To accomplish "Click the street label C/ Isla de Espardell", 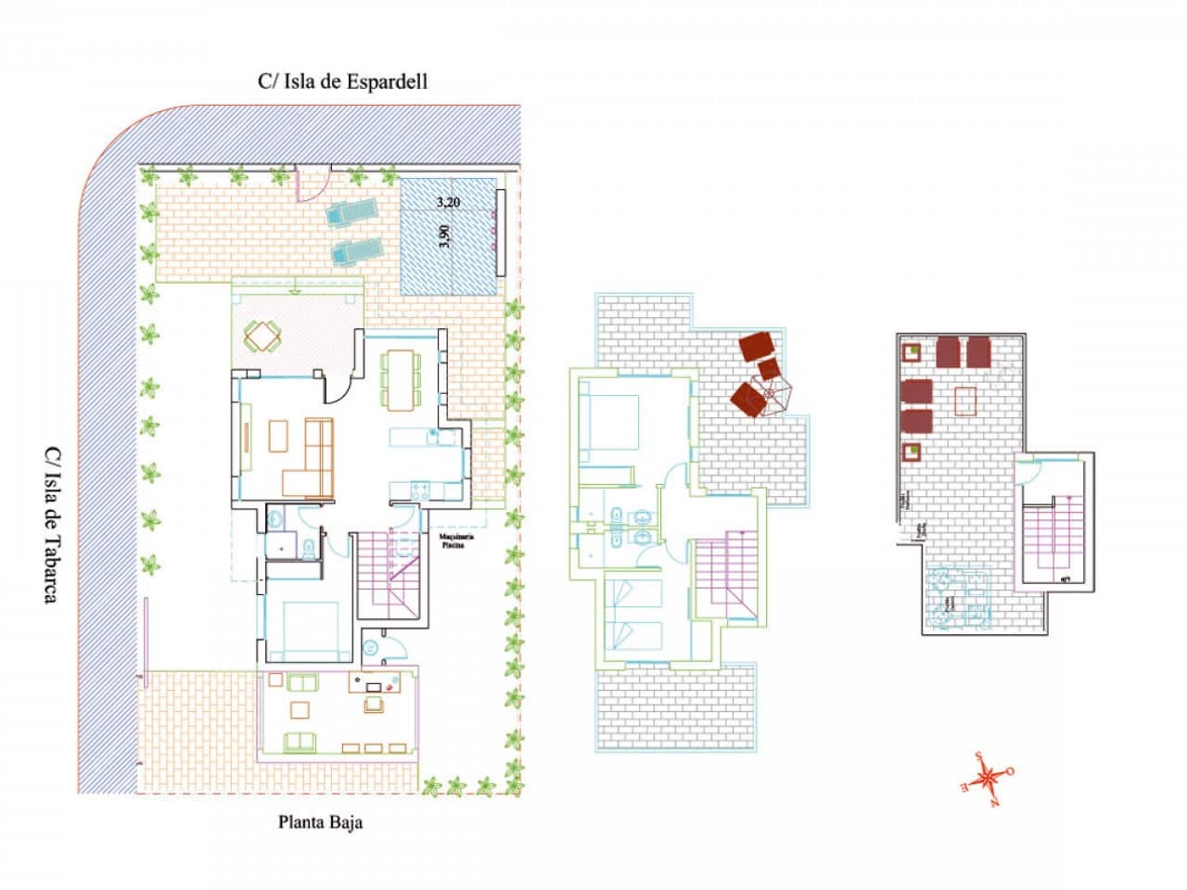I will [x=342, y=82].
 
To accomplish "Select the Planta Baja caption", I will [x=321, y=821].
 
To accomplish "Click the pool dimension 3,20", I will [x=448, y=200].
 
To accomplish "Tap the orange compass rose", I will [x=989, y=773].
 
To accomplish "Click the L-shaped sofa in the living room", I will [x=313, y=459].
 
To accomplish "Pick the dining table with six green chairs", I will [x=401, y=378].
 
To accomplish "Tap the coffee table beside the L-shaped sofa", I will [x=278, y=436].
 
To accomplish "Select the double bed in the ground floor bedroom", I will [x=302, y=631].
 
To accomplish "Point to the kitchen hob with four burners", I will [x=419, y=488].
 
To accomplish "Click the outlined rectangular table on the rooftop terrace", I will [x=965, y=400].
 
